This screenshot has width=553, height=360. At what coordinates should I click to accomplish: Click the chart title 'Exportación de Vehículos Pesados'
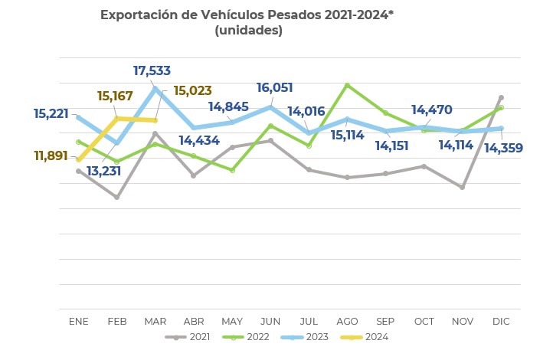tap(247, 15)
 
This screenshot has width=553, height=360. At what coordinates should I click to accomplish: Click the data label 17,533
tap(152, 71)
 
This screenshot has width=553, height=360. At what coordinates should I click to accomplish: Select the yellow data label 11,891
tap(51, 156)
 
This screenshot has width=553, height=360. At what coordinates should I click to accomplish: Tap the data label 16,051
tap(274, 88)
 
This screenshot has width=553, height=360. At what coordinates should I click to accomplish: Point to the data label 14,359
tap(503, 149)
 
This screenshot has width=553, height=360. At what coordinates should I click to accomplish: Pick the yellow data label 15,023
tap(192, 91)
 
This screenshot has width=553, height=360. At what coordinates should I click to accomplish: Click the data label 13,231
tap(103, 172)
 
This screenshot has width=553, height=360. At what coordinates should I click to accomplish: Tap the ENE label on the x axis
tap(79, 322)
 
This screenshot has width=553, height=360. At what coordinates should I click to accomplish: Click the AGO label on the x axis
tap(347, 322)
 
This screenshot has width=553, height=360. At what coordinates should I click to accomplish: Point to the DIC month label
tap(501, 322)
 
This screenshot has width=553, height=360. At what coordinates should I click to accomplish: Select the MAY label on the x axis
tap(232, 322)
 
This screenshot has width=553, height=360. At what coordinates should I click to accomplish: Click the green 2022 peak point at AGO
tap(348, 85)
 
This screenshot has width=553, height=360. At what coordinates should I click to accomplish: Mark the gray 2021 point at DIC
tap(501, 97)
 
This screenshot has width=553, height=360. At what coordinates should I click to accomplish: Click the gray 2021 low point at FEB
tap(116, 197)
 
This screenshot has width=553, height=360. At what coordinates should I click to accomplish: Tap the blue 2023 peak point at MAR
tap(155, 89)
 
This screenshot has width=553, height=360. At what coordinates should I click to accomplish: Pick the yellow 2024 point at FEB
tap(116, 119)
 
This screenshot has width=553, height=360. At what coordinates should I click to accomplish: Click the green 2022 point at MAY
tap(232, 170)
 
